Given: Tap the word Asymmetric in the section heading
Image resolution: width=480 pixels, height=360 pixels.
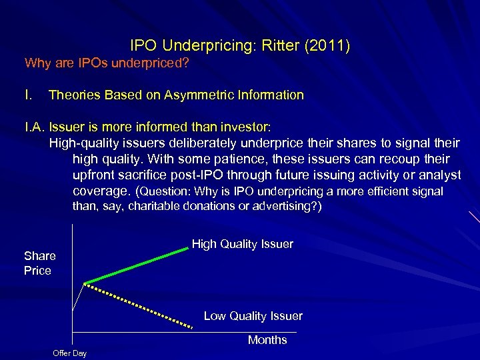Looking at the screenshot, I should tap(203, 95).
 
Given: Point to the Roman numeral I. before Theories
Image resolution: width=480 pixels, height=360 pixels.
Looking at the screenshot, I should tap(29, 95).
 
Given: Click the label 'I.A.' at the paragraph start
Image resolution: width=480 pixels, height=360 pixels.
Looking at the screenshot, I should tap(35, 127).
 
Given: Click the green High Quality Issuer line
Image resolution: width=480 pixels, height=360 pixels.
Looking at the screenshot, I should tap(137, 265).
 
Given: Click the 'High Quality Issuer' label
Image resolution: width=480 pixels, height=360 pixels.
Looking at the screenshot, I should tap(242, 244).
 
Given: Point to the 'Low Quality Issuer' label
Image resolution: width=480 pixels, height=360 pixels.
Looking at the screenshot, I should tap(253, 316).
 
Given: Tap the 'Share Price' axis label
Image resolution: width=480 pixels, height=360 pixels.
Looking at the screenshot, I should tap(39, 263).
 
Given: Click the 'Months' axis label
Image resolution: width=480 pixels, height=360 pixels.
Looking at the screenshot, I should tap(267, 340).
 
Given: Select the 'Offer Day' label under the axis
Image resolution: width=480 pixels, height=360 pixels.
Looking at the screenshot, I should tap(69, 353).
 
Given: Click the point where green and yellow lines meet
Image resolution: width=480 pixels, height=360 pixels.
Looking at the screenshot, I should tap(85, 284).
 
